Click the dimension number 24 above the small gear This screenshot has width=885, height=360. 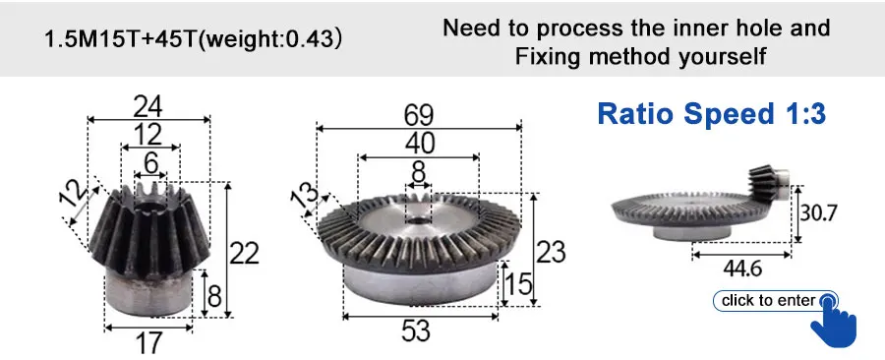[x=148, y=105]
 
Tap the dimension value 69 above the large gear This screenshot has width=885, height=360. [x=418, y=116]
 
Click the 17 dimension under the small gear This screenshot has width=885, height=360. [x=148, y=342]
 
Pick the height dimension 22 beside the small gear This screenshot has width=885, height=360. [x=243, y=254]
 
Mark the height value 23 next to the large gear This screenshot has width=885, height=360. [x=551, y=252]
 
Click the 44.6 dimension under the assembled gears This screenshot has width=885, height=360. [x=742, y=270]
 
